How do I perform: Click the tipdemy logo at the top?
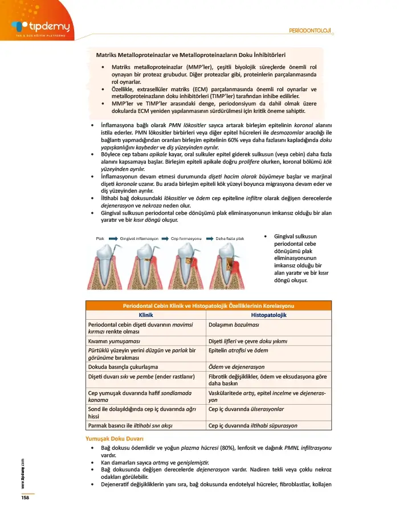pyautogui.click(x=40, y=26)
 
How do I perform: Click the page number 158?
pyautogui.click(x=25, y=498)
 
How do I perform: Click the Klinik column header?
pyautogui.click(x=146, y=315)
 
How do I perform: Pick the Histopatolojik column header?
pyautogui.click(x=268, y=315)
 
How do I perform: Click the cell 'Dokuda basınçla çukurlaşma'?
pyautogui.click(x=123, y=367)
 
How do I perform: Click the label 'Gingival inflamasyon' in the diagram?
pyautogui.click(x=141, y=238)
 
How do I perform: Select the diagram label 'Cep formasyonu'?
pyautogui.click(x=187, y=238)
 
